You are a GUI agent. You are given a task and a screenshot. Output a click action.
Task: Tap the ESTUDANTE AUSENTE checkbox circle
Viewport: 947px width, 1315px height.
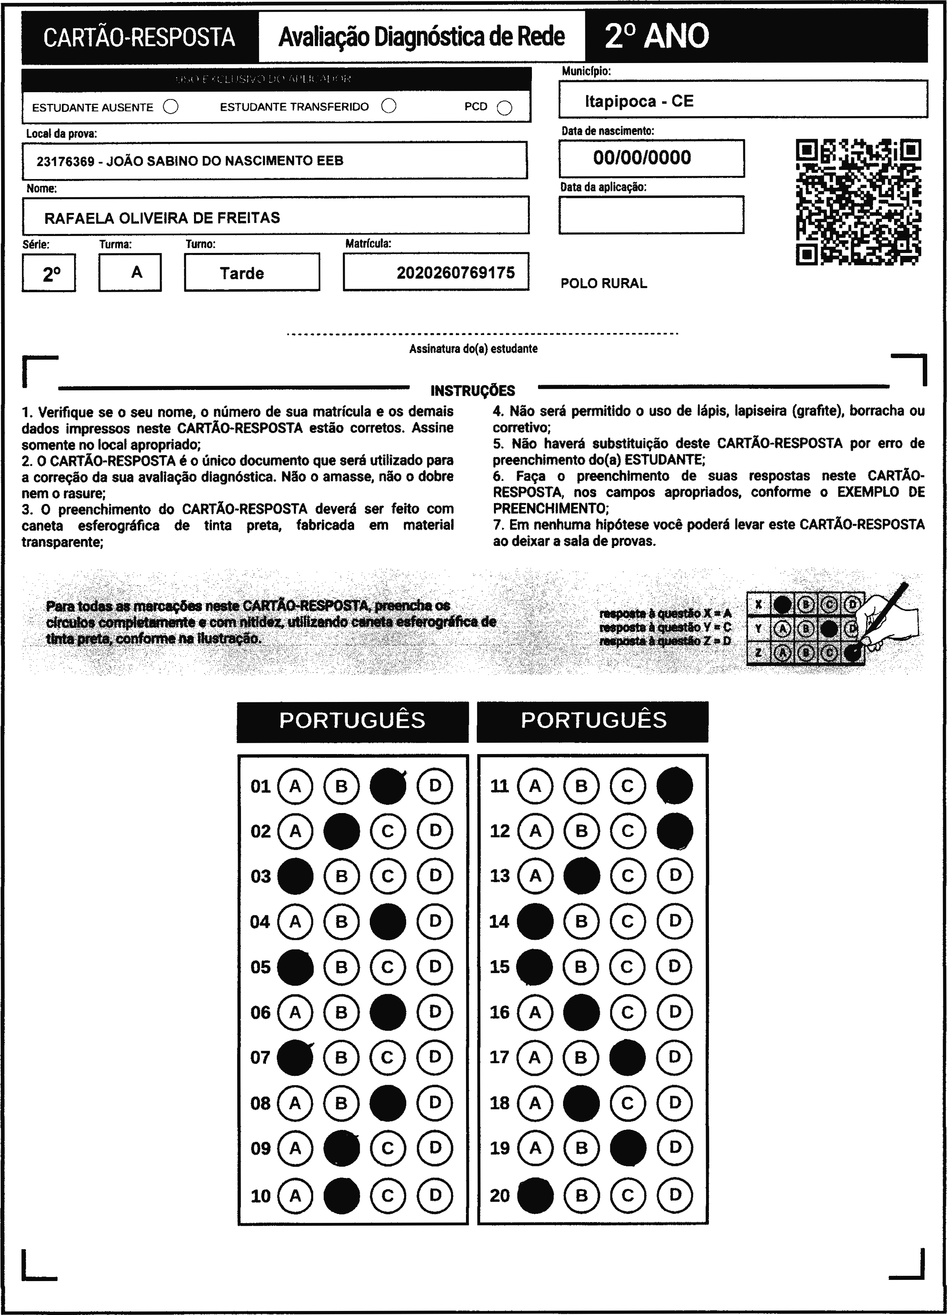(171, 107)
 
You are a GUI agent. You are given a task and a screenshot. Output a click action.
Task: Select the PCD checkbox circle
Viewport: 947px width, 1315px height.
(504, 108)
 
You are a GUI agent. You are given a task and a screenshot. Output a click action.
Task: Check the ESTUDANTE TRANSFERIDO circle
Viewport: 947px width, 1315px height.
(388, 106)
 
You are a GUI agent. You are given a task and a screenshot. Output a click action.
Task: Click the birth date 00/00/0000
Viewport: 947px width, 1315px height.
(642, 158)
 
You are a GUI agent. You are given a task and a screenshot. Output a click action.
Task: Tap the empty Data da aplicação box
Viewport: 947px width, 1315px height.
(651, 215)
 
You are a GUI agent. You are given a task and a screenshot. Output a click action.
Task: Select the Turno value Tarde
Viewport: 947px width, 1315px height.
(242, 273)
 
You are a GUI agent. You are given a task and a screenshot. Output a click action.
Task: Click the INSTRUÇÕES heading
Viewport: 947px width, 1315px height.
(472, 391)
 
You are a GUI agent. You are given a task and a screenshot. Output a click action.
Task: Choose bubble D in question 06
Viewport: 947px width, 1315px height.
(435, 1012)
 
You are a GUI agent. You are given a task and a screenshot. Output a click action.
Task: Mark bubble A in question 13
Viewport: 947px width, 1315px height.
(535, 875)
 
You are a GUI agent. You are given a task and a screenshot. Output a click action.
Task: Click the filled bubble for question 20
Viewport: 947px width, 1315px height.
(535, 1195)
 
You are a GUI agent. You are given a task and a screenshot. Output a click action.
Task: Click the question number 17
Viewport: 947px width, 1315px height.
(499, 1057)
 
